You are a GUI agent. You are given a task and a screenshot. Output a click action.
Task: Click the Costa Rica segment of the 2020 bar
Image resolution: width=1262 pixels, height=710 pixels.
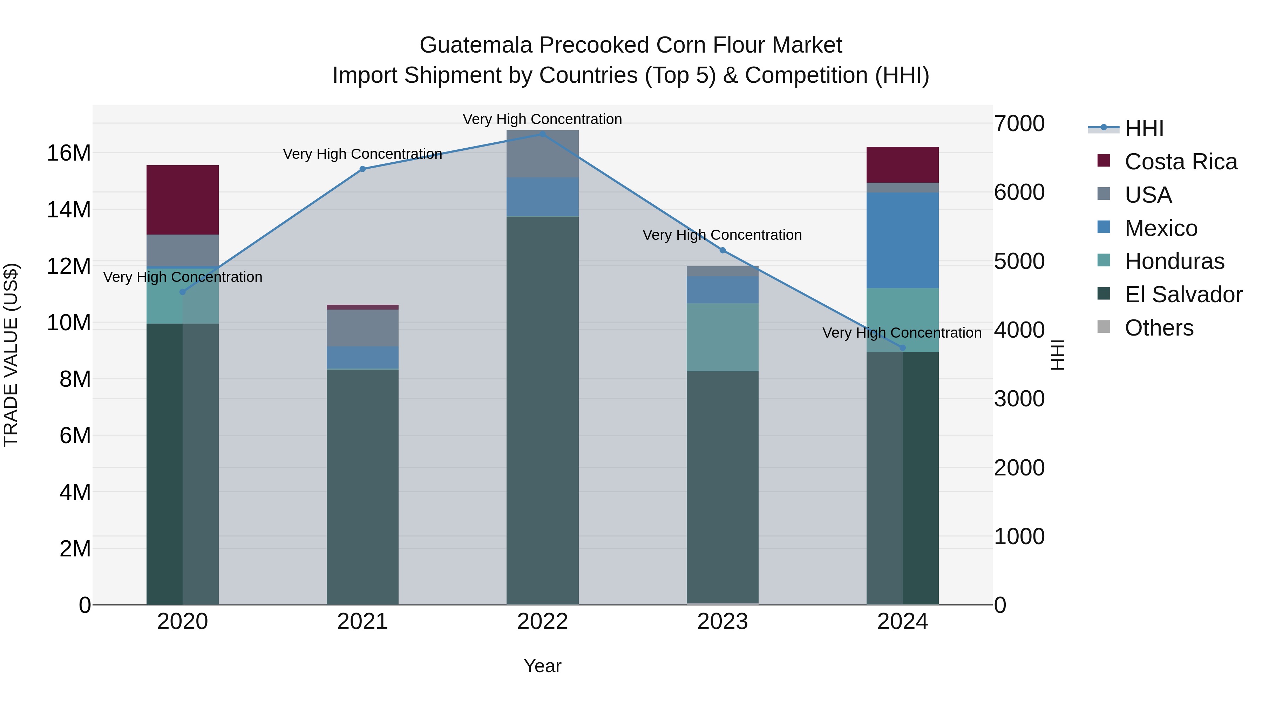182,200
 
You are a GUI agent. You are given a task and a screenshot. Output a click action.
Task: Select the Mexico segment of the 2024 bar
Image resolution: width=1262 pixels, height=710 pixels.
902,240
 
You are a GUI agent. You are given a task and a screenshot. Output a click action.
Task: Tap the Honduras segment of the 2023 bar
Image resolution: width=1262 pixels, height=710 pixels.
722,337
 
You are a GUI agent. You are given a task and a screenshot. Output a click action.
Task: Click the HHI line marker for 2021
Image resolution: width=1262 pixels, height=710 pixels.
362,169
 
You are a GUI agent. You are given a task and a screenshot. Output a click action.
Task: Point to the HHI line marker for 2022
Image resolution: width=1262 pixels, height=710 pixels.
542,134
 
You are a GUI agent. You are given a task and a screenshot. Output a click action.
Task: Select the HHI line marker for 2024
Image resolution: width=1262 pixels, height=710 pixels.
902,348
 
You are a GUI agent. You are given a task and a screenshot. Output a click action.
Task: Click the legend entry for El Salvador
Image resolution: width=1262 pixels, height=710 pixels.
1183,295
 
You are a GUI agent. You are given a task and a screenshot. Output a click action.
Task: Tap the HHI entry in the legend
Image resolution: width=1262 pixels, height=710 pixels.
1144,128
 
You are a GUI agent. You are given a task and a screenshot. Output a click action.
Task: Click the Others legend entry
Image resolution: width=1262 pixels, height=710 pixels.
1158,328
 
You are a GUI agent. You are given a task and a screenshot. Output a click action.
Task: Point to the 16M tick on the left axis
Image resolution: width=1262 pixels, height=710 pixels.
69,153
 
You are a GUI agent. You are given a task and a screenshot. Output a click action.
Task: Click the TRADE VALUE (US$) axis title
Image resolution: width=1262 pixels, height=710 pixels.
11,355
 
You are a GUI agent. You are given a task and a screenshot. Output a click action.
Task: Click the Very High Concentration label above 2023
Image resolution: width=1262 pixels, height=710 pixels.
722,235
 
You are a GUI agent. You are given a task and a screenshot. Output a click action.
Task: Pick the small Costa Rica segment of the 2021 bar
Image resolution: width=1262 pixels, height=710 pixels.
362,307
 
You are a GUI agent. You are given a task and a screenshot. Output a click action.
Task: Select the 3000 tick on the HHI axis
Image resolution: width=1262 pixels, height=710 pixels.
1019,399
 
